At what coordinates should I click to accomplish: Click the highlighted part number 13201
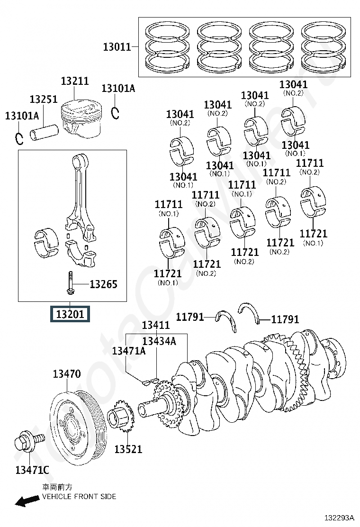[70, 314]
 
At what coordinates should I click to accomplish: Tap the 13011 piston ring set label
[117, 47]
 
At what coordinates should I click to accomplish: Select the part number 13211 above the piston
[75, 81]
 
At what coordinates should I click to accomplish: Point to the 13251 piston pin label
[44, 99]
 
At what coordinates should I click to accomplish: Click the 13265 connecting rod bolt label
[103, 284]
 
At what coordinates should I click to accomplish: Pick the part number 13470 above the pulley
[67, 374]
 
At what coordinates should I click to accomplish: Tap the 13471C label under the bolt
[32, 470]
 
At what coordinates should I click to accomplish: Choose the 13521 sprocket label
[128, 449]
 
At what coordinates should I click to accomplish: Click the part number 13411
[156, 325]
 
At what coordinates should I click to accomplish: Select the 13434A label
[159, 341]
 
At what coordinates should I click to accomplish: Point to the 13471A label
[129, 351]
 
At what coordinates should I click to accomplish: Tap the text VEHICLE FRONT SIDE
[79, 496]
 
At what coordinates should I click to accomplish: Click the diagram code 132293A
[339, 518]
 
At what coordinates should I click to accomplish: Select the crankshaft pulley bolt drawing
[30, 441]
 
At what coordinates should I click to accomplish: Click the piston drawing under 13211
[81, 119]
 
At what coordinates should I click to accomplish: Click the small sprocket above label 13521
[121, 416]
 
